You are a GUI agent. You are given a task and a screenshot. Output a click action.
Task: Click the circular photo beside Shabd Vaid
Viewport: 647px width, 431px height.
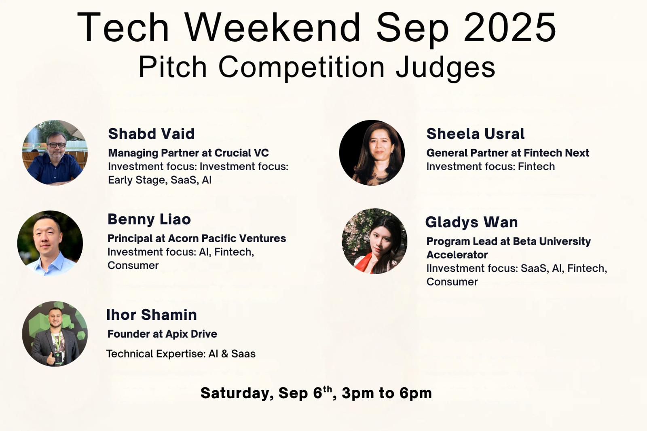pos(55,152)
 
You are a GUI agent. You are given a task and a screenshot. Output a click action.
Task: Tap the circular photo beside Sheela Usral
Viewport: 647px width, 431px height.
pos(372,152)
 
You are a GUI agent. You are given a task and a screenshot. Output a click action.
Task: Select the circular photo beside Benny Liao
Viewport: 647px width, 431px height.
pos(50,243)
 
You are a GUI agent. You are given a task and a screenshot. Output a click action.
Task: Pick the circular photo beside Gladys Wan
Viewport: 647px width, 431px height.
pos(374,241)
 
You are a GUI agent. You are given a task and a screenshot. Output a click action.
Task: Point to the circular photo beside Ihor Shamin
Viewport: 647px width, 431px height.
pos(55,334)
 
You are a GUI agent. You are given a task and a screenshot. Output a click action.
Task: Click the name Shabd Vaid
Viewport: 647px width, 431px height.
pos(151,134)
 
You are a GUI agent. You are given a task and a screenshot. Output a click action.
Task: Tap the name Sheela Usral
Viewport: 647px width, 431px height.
pos(476,134)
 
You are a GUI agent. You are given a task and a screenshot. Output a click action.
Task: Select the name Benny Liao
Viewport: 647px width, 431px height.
pos(149,219)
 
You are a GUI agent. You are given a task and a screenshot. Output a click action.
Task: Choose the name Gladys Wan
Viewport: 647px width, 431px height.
pos(472,222)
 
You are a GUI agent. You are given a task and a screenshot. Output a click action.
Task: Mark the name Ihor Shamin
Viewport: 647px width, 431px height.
pos(152,315)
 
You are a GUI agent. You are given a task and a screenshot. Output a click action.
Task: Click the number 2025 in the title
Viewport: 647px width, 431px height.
pos(510,27)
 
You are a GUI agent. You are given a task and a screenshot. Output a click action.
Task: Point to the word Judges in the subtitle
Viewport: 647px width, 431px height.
pos(445,67)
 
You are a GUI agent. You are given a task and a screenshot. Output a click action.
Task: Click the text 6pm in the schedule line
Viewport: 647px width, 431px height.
pos(416,393)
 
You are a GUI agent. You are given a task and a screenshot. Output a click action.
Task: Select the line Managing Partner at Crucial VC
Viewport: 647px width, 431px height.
pos(188,153)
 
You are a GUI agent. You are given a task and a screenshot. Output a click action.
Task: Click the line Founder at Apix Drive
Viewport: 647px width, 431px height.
pos(162,334)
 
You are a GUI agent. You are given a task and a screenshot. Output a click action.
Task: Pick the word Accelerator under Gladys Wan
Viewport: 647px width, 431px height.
pos(457,255)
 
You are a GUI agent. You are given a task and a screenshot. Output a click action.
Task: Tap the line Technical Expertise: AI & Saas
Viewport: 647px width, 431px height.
pos(181,354)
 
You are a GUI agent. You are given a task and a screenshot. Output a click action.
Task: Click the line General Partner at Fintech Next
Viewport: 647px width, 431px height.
pos(508,153)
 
